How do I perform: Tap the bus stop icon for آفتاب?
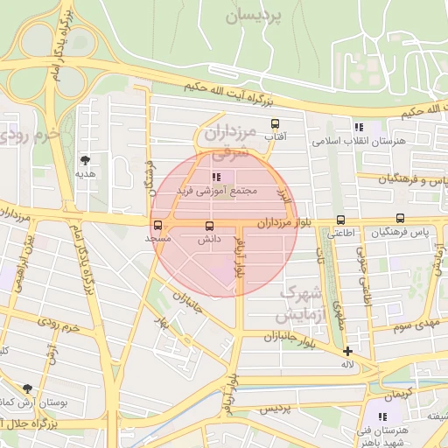275,123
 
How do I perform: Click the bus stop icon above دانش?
208,226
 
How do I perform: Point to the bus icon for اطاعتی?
340,220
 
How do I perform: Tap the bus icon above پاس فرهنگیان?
400,219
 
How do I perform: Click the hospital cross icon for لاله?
348,351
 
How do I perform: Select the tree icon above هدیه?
85,159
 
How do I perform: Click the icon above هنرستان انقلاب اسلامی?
357,127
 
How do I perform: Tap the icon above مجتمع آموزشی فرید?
216,177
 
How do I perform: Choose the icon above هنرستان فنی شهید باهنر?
381,416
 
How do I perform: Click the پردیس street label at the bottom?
274,409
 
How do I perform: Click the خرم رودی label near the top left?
31,136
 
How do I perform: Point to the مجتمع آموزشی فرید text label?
216,190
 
